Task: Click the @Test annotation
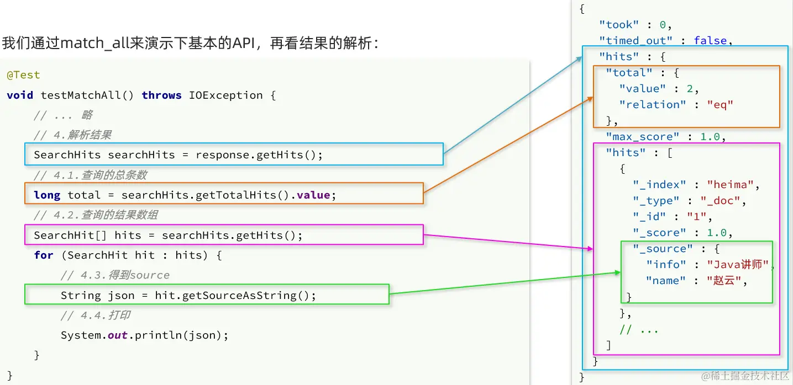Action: [23, 75]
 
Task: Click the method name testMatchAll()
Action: [87, 95]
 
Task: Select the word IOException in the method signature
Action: [225, 95]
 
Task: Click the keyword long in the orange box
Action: [47, 195]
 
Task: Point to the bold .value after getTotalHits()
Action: [313, 195]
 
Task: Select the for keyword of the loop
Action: [44, 255]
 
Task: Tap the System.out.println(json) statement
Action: [144, 335]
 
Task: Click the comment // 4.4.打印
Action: [95, 316]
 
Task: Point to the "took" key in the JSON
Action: [619, 25]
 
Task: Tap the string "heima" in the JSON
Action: [728, 185]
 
